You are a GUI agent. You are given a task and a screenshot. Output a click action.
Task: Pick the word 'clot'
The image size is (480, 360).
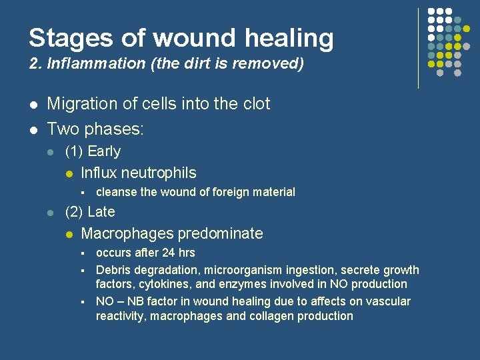pyautogui.click(x=254, y=104)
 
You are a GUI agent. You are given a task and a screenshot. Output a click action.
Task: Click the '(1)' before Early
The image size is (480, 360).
pyautogui.click(x=73, y=151)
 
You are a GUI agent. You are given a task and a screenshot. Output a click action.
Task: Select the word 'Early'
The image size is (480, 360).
pyautogui.click(x=104, y=151)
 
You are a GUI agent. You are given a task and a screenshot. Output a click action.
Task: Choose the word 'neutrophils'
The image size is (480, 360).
pyautogui.click(x=161, y=173)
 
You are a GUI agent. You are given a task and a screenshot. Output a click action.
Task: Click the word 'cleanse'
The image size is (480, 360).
pyautogui.click(x=117, y=192)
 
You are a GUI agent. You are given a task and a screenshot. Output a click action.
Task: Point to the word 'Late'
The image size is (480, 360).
pyautogui.click(x=101, y=212)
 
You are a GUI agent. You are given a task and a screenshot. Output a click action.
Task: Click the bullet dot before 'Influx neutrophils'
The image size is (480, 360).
pyautogui.click(x=68, y=173)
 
